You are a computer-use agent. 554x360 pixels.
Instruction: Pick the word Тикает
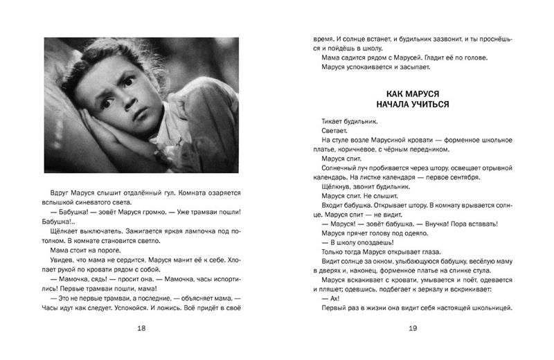[x=337, y=120]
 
